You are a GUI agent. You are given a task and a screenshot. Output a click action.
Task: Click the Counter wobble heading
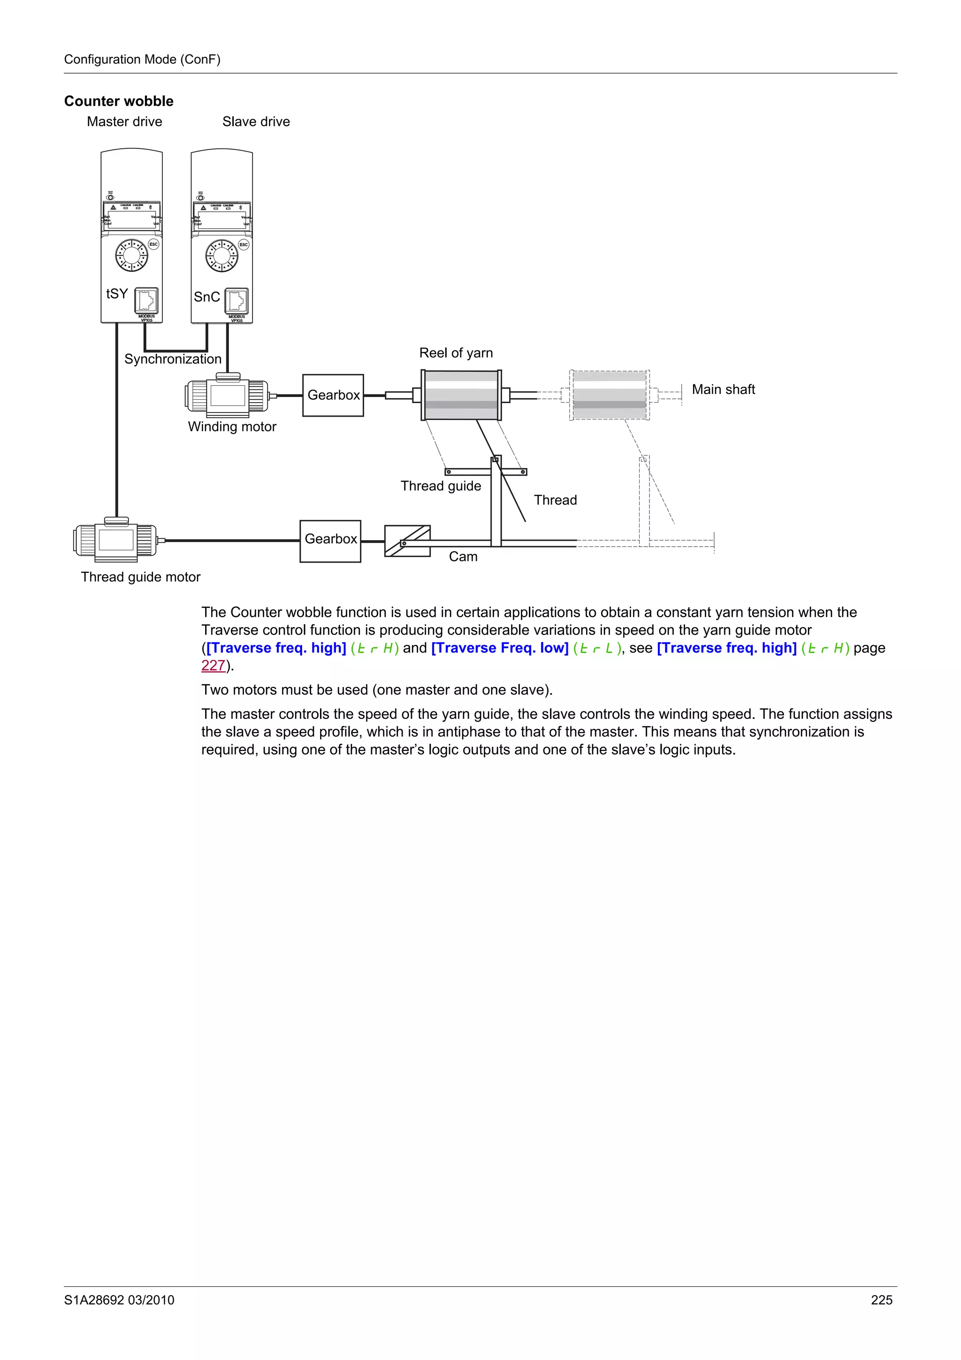click(x=118, y=101)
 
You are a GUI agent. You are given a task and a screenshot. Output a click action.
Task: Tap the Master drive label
click(x=124, y=122)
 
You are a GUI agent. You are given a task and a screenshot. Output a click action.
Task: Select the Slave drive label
click(x=256, y=122)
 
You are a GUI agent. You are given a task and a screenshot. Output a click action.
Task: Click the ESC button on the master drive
click(x=153, y=244)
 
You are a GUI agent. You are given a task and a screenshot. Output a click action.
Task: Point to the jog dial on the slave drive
click(x=221, y=256)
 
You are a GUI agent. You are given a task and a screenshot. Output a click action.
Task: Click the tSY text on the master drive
click(x=117, y=294)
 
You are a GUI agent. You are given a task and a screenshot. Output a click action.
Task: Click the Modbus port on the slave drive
click(x=236, y=301)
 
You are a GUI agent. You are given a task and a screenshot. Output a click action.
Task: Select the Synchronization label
click(x=172, y=359)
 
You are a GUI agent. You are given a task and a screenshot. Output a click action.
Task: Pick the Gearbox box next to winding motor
click(x=333, y=395)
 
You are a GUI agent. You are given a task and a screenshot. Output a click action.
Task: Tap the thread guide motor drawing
click(x=116, y=540)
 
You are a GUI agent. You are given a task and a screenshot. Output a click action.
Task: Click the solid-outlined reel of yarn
click(x=461, y=395)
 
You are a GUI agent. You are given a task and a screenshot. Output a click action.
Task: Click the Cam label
click(x=463, y=557)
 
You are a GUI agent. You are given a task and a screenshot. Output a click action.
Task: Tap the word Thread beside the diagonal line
click(x=555, y=501)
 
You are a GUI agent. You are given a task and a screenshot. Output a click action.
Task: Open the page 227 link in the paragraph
click(x=213, y=666)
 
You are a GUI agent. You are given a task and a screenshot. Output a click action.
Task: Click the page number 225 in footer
click(x=881, y=1300)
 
